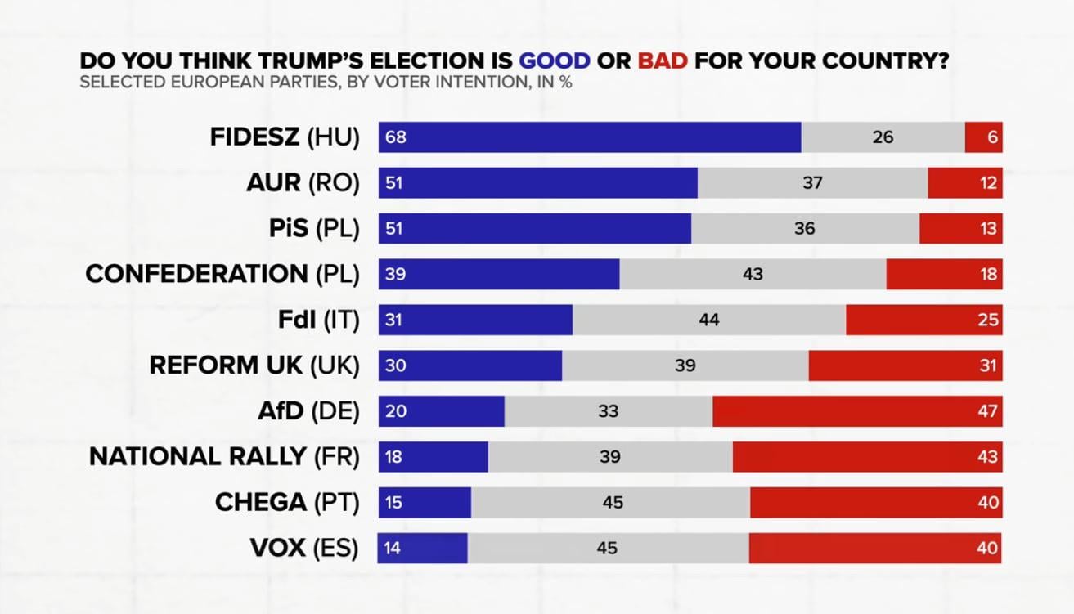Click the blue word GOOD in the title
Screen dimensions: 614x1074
pyautogui.click(x=554, y=61)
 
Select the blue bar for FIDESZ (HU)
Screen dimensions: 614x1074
pyautogui.click(x=589, y=137)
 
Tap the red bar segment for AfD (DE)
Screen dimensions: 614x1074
pyautogui.click(x=857, y=411)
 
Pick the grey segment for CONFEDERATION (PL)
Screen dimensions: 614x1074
pyautogui.click(x=753, y=275)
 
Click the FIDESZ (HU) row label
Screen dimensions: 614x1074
pyautogui.click(x=284, y=137)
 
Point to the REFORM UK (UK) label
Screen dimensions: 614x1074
pyautogui.click(x=254, y=365)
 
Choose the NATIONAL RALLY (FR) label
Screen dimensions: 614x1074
pyautogui.click(x=224, y=457)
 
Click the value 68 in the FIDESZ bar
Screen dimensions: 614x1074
pyautogui.click(x=396, y=137)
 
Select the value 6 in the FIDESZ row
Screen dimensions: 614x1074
pyautogui.click(x=992, y=137)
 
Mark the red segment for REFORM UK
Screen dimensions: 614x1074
pyautogui.click(x=905, y=365)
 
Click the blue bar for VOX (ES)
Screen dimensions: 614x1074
pyautogui.click(x=422, y=548)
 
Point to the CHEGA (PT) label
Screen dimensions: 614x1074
pyautogui.click(x=286, y=502)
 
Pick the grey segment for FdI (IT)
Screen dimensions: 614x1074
pyautogui.click(x=709, y=320)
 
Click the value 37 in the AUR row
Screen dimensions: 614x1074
pyautogui.click(x=811, y=183)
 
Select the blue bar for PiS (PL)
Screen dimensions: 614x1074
pyautogui.click(x=534, y=229)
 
